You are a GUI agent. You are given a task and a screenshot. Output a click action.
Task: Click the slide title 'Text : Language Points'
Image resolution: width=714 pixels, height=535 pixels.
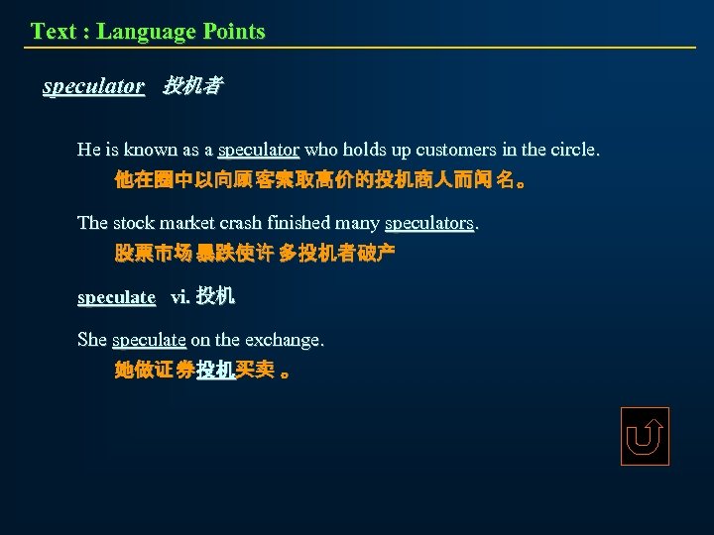click(x=148, y=31)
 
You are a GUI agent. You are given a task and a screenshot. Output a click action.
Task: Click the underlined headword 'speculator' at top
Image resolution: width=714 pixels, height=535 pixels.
click(x=93, y=86)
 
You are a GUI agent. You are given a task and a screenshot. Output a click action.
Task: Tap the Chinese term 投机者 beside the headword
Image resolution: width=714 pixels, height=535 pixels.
click(x=192, y=86)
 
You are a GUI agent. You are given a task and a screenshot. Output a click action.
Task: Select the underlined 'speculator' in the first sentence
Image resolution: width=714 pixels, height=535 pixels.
click(x=258, y=151)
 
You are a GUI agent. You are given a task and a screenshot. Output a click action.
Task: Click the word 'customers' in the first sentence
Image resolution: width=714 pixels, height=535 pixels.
click(x=456, y=151)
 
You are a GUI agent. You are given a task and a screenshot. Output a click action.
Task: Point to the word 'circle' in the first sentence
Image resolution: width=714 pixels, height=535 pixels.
click(x=569, y=151)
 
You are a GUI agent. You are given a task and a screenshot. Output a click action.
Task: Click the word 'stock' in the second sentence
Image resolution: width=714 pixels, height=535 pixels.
click(x=135, y=223)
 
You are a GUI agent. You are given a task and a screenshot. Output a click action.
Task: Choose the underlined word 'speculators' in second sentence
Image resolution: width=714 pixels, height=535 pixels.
click(x=428, y=223)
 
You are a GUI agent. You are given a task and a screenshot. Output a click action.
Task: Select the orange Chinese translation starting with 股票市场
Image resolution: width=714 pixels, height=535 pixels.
click(x=255, y=254)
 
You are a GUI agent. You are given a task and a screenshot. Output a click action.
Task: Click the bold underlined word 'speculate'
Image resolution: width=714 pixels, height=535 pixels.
click(x=116, y=297)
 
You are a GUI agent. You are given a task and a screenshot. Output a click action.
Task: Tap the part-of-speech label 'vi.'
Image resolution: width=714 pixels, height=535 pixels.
click(x=180, y=297)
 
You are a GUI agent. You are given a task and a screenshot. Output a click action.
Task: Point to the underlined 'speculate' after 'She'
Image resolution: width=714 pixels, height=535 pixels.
click(x=149, y=340)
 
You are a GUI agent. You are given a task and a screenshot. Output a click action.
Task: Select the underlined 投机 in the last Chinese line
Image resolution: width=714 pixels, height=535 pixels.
click(x=215, y=371)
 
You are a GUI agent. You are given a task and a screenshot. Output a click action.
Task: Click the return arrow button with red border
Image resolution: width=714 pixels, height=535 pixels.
click(x=645, y=436)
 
